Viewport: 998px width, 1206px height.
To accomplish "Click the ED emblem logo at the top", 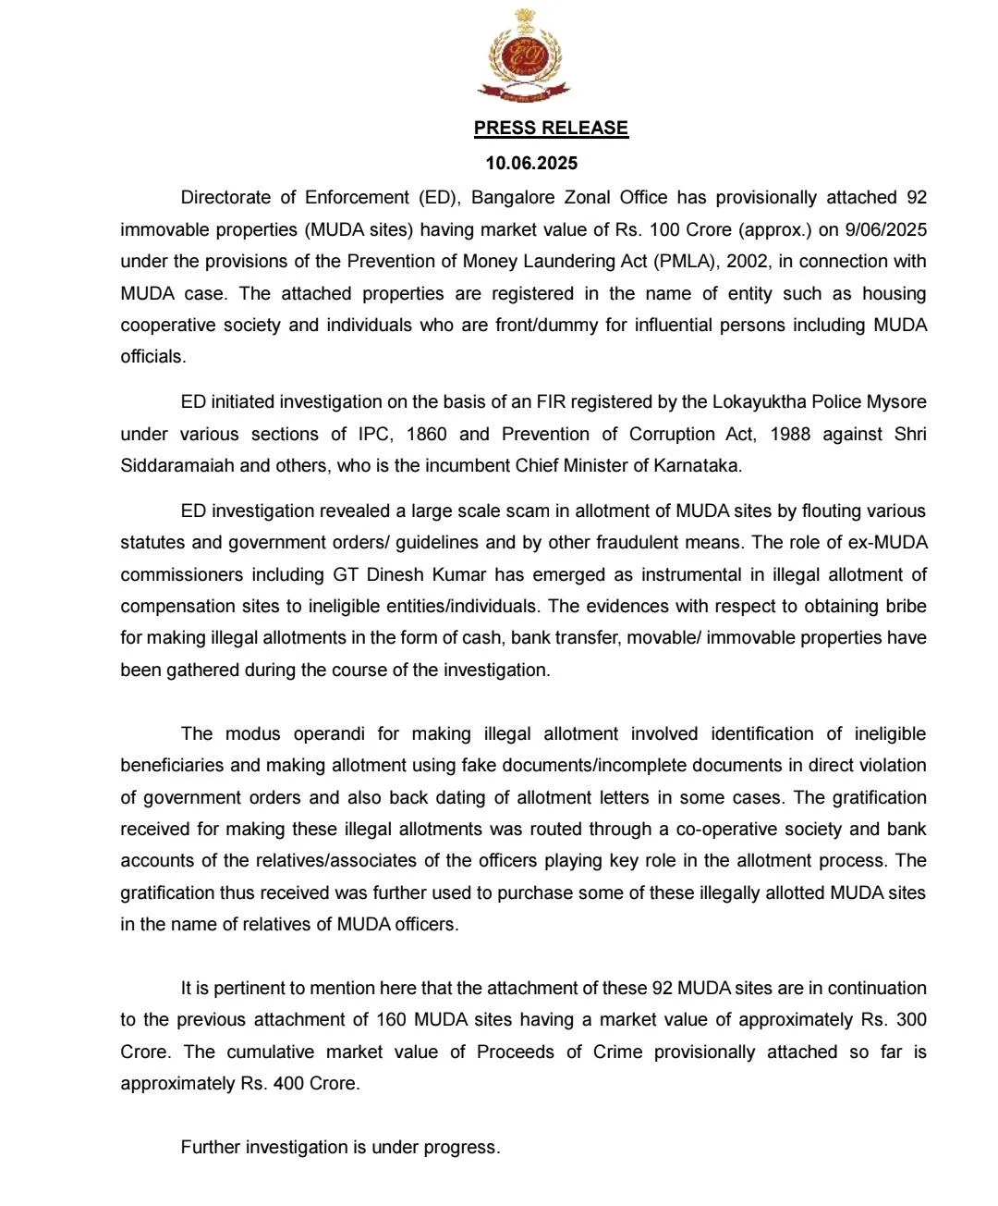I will click(x=524, y=55).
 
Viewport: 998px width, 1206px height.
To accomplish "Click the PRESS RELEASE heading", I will click(x=551, y=129).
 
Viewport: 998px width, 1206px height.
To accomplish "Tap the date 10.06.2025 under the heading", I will click(x=531, y=164).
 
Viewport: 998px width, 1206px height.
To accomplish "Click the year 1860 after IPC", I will click(x=426, y=434).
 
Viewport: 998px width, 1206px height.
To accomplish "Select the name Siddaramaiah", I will click(x=177, y=465).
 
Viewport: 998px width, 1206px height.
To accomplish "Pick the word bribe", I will click(x=906, y=606).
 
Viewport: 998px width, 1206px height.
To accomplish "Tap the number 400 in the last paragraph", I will click(x=288, y=1083).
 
